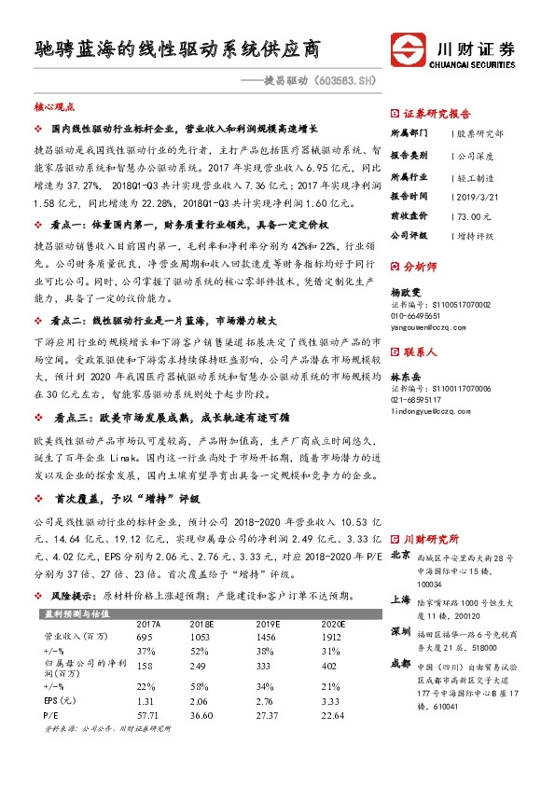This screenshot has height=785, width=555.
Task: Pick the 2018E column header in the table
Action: tap(201, 625)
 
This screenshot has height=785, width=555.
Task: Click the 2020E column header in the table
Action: tap(333, 625)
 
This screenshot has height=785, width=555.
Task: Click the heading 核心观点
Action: tap(55, 107)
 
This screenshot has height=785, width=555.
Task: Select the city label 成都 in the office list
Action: tap(400, 664)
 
